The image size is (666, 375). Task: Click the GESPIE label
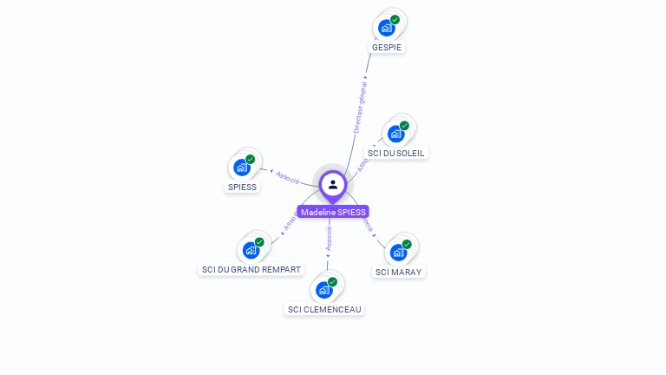(x=388, y=47)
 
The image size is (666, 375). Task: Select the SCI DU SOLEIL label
(x=397, y=153)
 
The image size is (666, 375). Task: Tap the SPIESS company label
(x=242, y=187)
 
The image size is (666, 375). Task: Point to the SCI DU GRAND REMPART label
(x=251, y=269)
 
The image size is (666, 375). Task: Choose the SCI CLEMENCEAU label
(x=324, y=309)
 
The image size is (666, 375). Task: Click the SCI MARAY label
(x=399, y=272)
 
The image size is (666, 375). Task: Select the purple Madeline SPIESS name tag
(x=333, y=212)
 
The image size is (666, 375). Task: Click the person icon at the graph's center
(x=333, y=184)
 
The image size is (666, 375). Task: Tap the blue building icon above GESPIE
(x=387, y=28)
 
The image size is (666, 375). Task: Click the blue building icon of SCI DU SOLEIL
(x=396, y=134)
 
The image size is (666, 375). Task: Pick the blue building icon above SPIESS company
(x=242, y=168)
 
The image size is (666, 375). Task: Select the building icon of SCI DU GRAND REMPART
(x=251, y=250)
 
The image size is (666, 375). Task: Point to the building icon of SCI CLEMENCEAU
(x=324, y=290)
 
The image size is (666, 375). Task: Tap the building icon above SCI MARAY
(x=398, y=253)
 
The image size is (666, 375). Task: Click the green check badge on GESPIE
(x=395, y=19)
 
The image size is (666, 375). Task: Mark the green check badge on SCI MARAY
(x=407, y=244)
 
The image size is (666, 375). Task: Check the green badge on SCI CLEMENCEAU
(x=333, y=281)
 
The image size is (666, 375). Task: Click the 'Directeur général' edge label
(x=360, y=105)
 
